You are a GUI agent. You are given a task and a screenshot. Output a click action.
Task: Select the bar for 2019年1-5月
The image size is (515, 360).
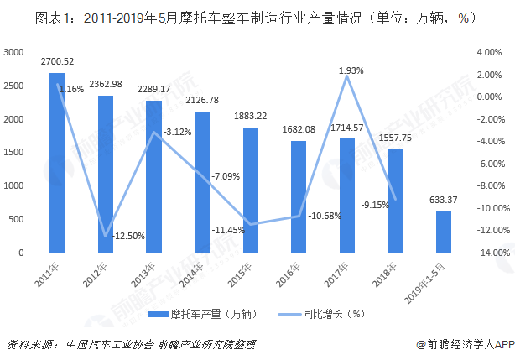pos(443,231)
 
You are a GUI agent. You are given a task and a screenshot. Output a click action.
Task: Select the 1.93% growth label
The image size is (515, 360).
pos(351,71)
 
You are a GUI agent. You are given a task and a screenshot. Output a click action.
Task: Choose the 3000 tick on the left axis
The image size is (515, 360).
pos(16,52)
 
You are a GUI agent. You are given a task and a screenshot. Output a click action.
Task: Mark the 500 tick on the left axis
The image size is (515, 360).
pos(18,218)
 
